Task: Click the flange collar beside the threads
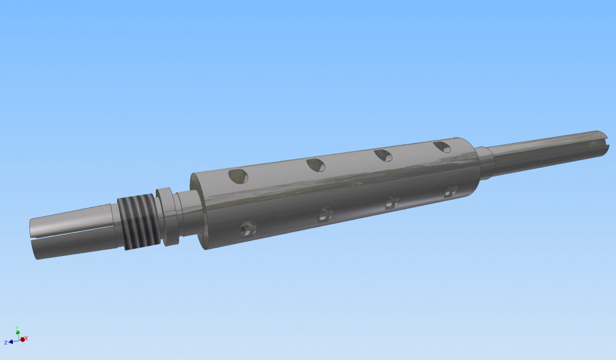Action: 168,216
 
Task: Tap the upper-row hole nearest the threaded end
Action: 238,176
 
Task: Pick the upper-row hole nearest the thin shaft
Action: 442,147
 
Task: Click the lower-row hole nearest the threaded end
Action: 248,229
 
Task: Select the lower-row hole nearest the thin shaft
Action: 451,190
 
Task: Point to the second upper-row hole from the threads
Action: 316,165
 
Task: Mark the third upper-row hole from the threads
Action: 383,155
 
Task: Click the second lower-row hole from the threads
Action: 325,214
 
